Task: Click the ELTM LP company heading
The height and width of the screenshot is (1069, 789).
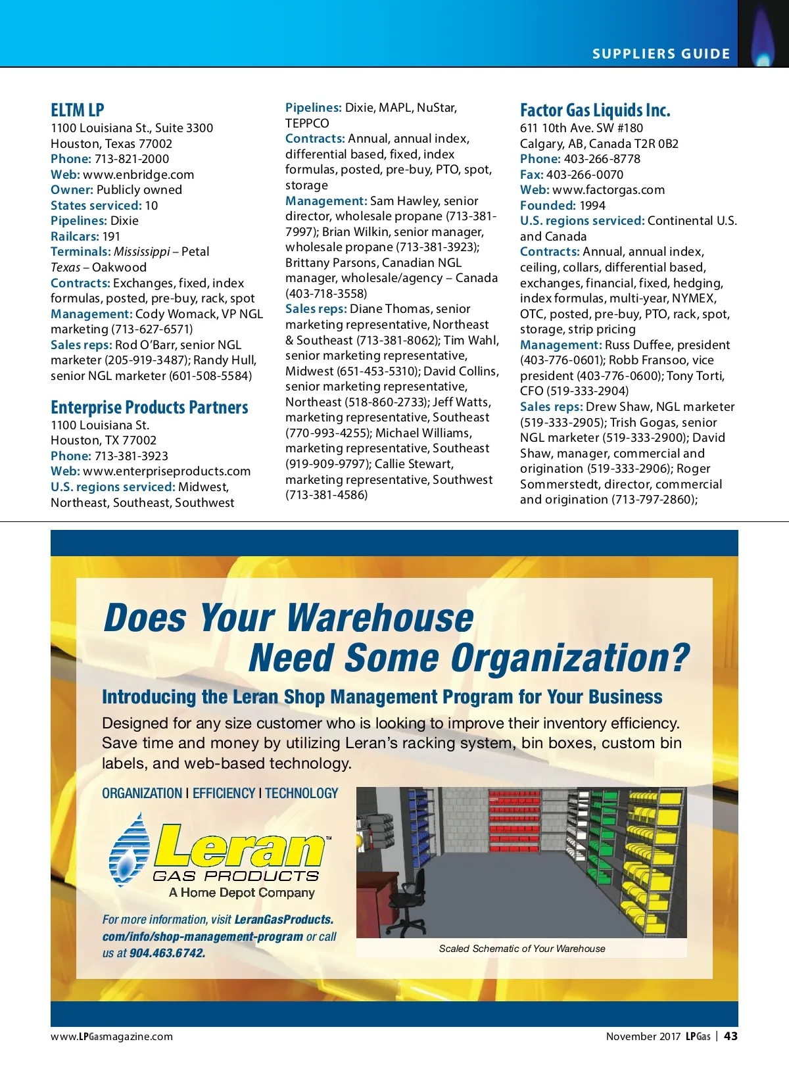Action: (78, 110)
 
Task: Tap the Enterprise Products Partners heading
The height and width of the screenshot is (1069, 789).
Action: (149, 408)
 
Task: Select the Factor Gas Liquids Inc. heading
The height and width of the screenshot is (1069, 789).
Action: (595, 110)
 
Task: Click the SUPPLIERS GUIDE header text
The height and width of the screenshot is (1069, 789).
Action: (661, 54)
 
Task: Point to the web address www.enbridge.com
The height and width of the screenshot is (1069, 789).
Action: (138, 175)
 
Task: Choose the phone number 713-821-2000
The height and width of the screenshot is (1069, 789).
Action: (131, 159)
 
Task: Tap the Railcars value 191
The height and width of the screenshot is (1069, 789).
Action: (111, 237)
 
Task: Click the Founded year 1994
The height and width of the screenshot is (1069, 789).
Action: (592, 206)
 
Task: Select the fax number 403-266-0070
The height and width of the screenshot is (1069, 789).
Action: (585, 175)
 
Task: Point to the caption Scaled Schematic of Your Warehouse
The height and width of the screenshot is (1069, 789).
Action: (522, 949)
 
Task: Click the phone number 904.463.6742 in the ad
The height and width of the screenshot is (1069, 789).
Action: (167, 953)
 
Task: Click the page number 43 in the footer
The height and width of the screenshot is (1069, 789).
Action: (730, 1036)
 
